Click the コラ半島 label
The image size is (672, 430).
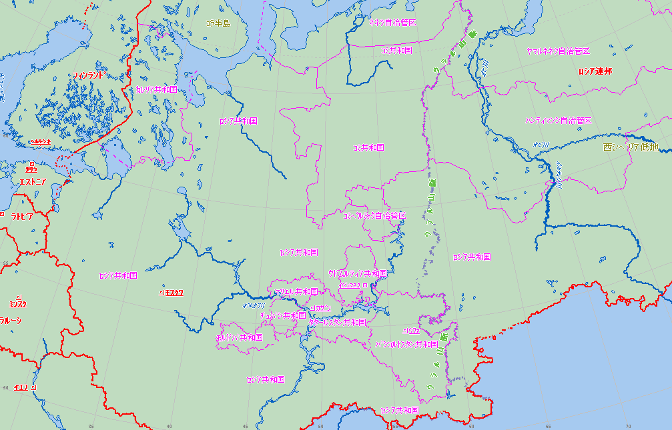[x=218, y=23]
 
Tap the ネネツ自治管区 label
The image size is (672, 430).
[x=393, y=23]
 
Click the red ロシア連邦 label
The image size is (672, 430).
[x=595, y=71]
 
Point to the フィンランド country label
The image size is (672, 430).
[x=88, y=75]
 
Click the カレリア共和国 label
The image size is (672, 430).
[x=157, y=89]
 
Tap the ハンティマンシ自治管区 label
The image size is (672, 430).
[x=558, y=121]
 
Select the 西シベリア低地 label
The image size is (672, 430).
[x=630, y=147]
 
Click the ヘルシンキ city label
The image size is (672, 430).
[x=40, y=142]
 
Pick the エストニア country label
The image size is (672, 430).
[x=32, y=181]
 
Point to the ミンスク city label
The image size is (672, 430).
[x=18, y=304]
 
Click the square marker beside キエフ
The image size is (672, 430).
[x=33, y=387]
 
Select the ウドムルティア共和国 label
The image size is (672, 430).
[x=358, y=273]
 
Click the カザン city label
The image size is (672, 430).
[x=322, y=308]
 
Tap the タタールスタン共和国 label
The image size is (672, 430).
[x=338, y=322]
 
